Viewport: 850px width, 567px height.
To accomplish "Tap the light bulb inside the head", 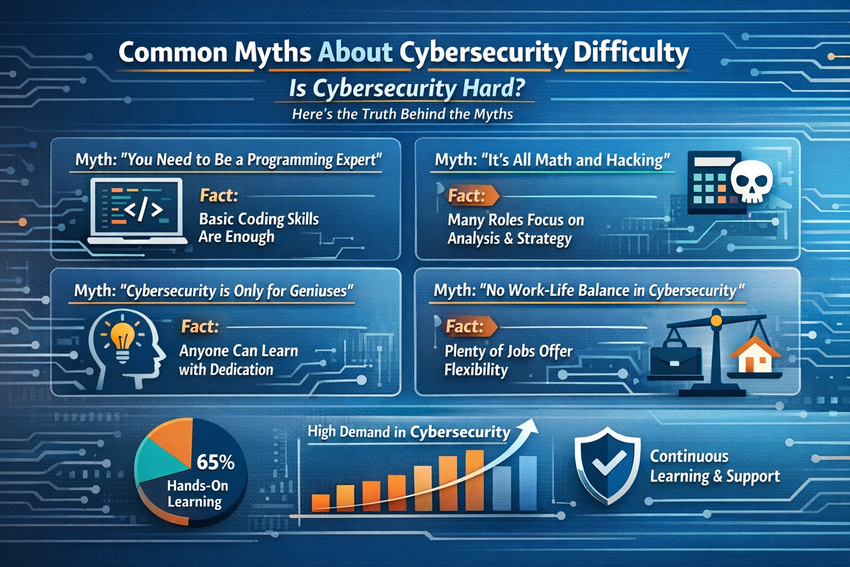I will click(x=122, y=339).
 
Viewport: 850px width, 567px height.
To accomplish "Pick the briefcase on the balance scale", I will click(x=676, y=361).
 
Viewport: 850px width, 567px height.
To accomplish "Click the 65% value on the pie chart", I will click(x=215, y=462).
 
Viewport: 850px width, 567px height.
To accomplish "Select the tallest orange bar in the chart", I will click(x=474, y=480).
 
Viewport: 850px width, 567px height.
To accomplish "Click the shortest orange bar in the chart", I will click(x=320, y=501).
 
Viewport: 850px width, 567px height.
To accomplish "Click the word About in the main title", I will click(x=355, y=53).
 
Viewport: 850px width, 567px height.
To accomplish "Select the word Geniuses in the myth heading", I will click(x=319, y=291).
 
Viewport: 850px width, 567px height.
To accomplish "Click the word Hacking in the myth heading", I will click(x=637, y=160).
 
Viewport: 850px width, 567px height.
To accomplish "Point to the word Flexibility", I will click(x=476, y=369).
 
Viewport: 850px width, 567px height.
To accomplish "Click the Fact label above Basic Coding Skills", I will click(x=219, y=195).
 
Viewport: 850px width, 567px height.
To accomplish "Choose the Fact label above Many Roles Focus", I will click(x=467, y=195).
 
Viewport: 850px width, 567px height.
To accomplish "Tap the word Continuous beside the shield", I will click(x=689, y=456).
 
